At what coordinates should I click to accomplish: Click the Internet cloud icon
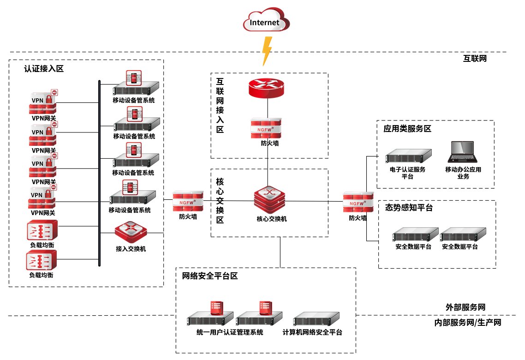pos(265,21)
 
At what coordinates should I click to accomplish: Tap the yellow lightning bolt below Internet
pos(266,51)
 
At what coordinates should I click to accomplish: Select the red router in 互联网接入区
pos(268,88)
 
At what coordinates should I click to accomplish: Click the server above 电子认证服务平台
pos(408,156)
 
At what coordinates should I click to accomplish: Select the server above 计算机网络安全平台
pos(317,319)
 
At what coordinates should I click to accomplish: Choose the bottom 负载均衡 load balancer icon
pos(42,261)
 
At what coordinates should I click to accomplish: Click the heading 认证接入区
pos(44,69)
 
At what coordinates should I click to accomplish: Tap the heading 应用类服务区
pos(407,129)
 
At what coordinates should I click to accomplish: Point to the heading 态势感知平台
pos(409,208)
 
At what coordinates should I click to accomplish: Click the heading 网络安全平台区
pos(210,276)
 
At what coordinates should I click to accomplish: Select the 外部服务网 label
pos(465,307)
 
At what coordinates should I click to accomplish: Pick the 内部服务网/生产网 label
pos(468,323)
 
